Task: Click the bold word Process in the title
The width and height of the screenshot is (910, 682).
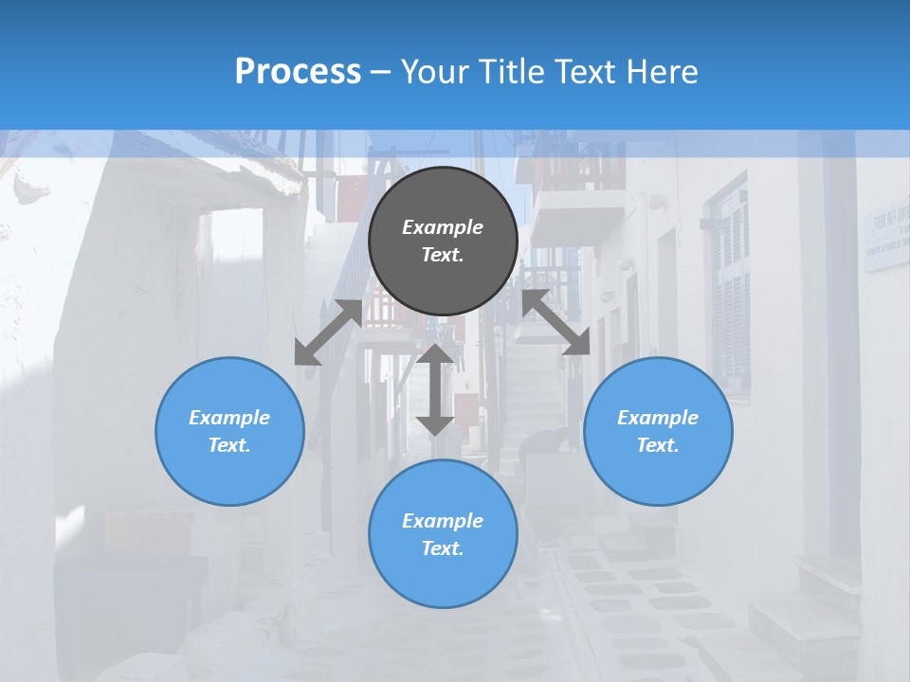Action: (298, 72)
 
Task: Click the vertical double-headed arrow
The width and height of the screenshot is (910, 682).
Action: (435, 389)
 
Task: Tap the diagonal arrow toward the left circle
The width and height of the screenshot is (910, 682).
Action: (328, 332)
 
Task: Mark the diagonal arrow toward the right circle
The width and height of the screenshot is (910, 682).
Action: (556, 323)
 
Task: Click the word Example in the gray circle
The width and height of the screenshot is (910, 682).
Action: (443, 227)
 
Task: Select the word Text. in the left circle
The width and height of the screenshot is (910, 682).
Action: (229, 445)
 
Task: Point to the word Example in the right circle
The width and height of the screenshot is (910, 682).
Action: (658, 418)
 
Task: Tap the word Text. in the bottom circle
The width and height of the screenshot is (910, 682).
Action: (443, 548)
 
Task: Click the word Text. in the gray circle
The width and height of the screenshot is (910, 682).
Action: (443, 255)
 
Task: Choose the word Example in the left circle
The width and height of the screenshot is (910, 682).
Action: (229, 418)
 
